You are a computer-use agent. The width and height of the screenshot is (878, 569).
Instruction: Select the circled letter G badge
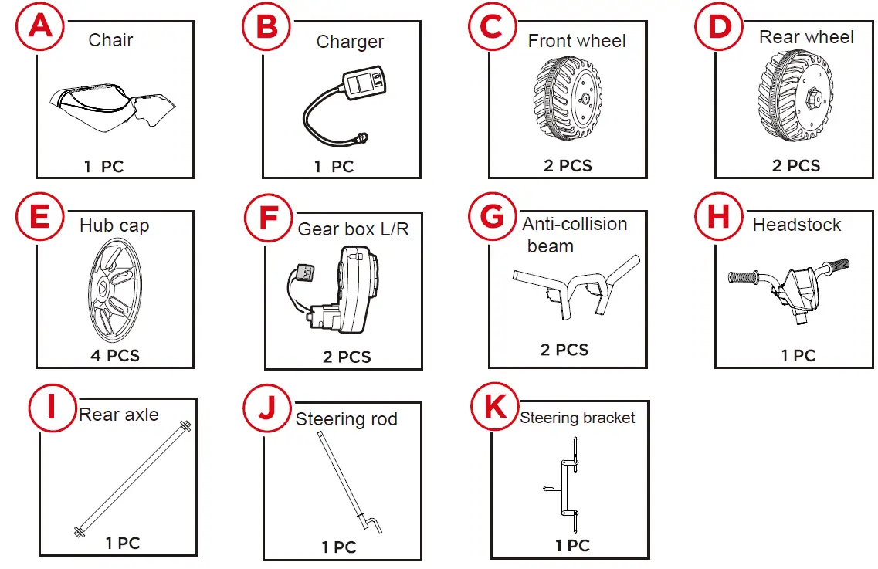click(492, 217)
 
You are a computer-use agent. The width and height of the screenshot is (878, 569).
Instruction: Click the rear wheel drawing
click(796, 99)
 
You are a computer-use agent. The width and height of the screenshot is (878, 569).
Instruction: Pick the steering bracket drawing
click(567, 486)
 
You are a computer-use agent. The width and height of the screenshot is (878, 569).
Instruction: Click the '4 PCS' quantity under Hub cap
click(115, 356)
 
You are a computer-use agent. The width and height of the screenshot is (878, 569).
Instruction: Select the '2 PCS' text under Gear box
click(347, 357)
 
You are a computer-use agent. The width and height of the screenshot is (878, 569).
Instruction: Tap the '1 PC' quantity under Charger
click(334, 167)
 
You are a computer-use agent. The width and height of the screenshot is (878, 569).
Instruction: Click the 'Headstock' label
click(797, 225)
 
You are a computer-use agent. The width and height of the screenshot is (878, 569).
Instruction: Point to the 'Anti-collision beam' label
click(574, 235)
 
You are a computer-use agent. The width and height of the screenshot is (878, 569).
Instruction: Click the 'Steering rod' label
click(346, 419)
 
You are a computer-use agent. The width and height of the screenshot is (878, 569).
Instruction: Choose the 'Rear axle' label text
click(119, 415)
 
